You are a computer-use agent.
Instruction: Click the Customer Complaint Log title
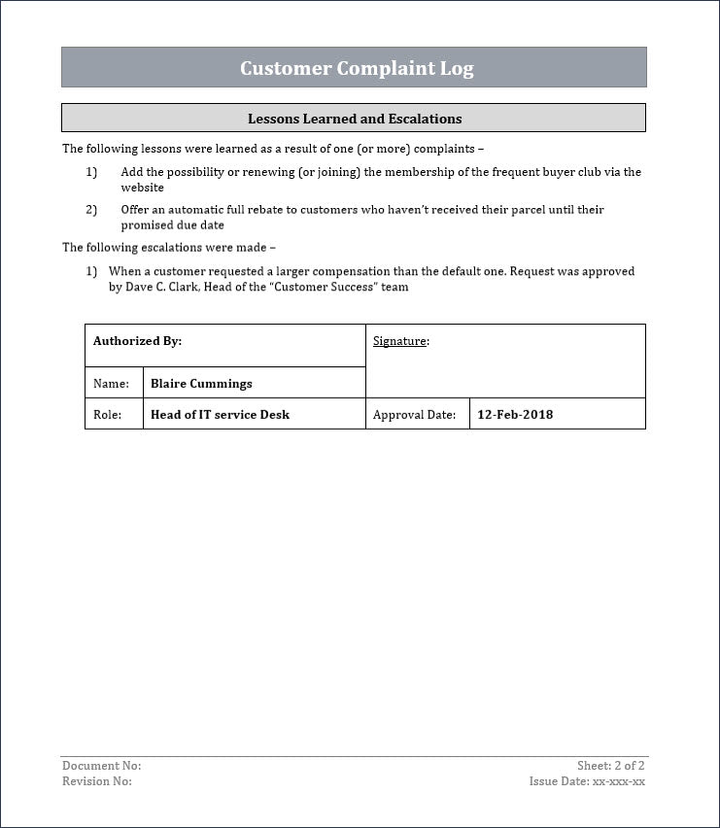(x=357, y=68)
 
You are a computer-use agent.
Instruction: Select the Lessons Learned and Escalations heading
(x=354, y=119)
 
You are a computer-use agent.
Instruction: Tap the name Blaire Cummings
(x=201, y=384)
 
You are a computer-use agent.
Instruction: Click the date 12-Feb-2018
(x=515, y=414)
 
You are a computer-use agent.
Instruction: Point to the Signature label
(x=400, y=341)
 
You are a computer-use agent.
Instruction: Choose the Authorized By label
(x=137, y=341)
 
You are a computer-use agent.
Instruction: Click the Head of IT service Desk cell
(x=220, y=414)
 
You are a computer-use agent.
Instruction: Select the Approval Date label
(x=414, y=415)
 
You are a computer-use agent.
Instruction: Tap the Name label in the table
(x=111, y=384)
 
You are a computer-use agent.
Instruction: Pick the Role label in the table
(x=107, y=415)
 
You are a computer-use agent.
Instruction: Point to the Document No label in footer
(x=101, y=766)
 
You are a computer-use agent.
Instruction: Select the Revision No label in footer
(x=97, y=780)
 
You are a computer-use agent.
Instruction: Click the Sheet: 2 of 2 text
(x=611, y=766)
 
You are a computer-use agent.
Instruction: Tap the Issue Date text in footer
(x=587, y=780)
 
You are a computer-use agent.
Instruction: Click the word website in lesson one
(x=142, y=188)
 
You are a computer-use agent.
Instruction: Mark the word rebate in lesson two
(x=270, y=210)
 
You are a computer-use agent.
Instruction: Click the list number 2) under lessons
(x=91, y=210)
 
